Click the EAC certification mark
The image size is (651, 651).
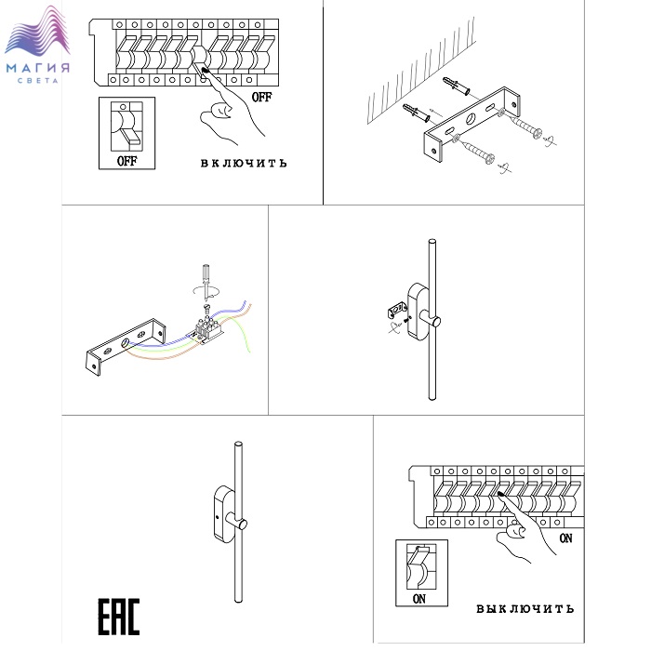pyautogui.click(x=118, y=616)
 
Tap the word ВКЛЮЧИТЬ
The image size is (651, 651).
pyautogui.click(x=244, y=163)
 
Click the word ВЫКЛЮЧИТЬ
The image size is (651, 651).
pyautogui.click(x=525, y=608)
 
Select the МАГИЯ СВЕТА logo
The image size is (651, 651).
pyautogui.click(x=37, y=45)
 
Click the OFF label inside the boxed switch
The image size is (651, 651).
pyautogui.click(x=126, y=161)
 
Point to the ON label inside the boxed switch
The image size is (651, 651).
pyautogui.click(x=418, y=599)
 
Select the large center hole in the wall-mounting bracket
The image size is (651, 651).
pyautogui.click(x=471, y=119)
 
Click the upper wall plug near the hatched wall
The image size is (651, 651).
pyautogui.click(x=456, y=86)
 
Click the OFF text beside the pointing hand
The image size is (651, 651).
pyautogui.click(x=261, y=97)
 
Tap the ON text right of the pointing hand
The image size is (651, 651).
pyautogui.click(x=565, y=538)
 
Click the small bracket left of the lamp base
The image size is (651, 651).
pyautogui.click(x=397, y=311)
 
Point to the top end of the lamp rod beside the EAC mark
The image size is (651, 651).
pyautogui.click(x=238, y=444)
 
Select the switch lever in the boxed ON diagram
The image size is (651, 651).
pyautogui.click(x=420, y=557)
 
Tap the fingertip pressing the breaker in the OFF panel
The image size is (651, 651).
pyautogui.click(x=205, y=71)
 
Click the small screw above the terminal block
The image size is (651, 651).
pyautogui.click(x=207, y=308)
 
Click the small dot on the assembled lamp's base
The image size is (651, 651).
pyautogui.click(x=218, y=517)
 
